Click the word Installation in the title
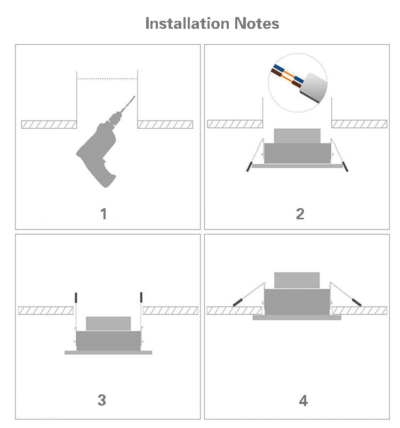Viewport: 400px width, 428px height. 187,23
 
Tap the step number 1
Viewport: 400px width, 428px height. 104,214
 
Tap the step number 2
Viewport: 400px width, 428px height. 300,214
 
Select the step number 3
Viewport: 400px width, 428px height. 102,400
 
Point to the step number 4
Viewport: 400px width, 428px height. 303,401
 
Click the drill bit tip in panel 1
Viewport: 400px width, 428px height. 134,97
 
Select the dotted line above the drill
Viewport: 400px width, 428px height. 107,79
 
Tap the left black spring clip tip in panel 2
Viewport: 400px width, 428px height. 249,167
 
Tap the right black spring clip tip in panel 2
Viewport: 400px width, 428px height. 346,167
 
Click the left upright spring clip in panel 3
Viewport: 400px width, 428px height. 76,297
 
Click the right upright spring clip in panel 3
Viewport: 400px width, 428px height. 141,297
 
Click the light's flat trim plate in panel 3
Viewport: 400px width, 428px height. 108,352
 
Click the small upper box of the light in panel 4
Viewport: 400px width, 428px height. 297,280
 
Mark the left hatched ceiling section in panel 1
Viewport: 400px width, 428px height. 49,124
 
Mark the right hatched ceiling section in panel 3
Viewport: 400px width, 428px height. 170,311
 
